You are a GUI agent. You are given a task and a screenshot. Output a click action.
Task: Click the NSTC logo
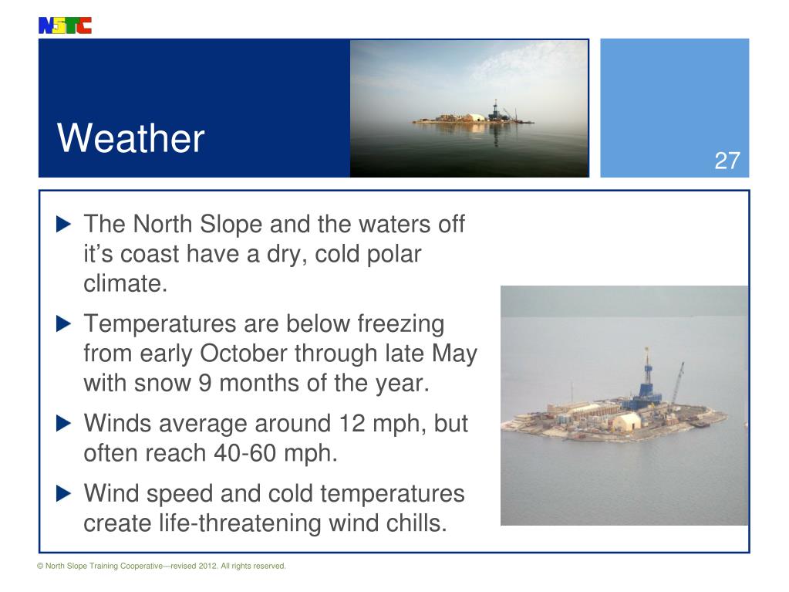coord(65,25)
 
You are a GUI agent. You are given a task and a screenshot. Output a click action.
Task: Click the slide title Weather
coord(130,139)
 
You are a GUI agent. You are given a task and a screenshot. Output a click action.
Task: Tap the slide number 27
coord(727,161)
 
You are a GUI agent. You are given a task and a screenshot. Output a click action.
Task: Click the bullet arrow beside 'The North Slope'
coord(64,225)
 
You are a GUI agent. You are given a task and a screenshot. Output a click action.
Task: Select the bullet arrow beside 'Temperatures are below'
coord(64,323)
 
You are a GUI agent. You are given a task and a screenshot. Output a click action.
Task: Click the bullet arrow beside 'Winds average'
coord(64,424)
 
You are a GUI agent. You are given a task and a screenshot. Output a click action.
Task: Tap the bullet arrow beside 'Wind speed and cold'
coord(64,493)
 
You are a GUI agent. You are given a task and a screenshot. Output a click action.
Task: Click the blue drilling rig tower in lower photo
coord(646,378)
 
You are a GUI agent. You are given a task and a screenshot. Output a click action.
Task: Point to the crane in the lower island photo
coord(676,383)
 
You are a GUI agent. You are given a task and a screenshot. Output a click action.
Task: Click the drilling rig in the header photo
coord(494,110)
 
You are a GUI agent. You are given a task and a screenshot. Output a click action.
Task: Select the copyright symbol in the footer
coord(40,567)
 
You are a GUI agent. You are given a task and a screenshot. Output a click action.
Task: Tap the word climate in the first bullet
coord(125,283)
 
